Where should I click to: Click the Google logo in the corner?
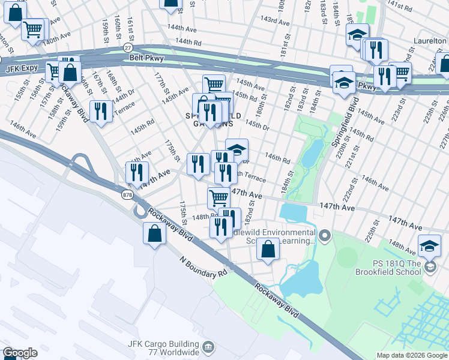20,353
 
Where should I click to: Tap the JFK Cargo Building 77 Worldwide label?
163,347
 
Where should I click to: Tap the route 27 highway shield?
127,47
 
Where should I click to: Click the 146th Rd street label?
278,158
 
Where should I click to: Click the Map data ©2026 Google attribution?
411,355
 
